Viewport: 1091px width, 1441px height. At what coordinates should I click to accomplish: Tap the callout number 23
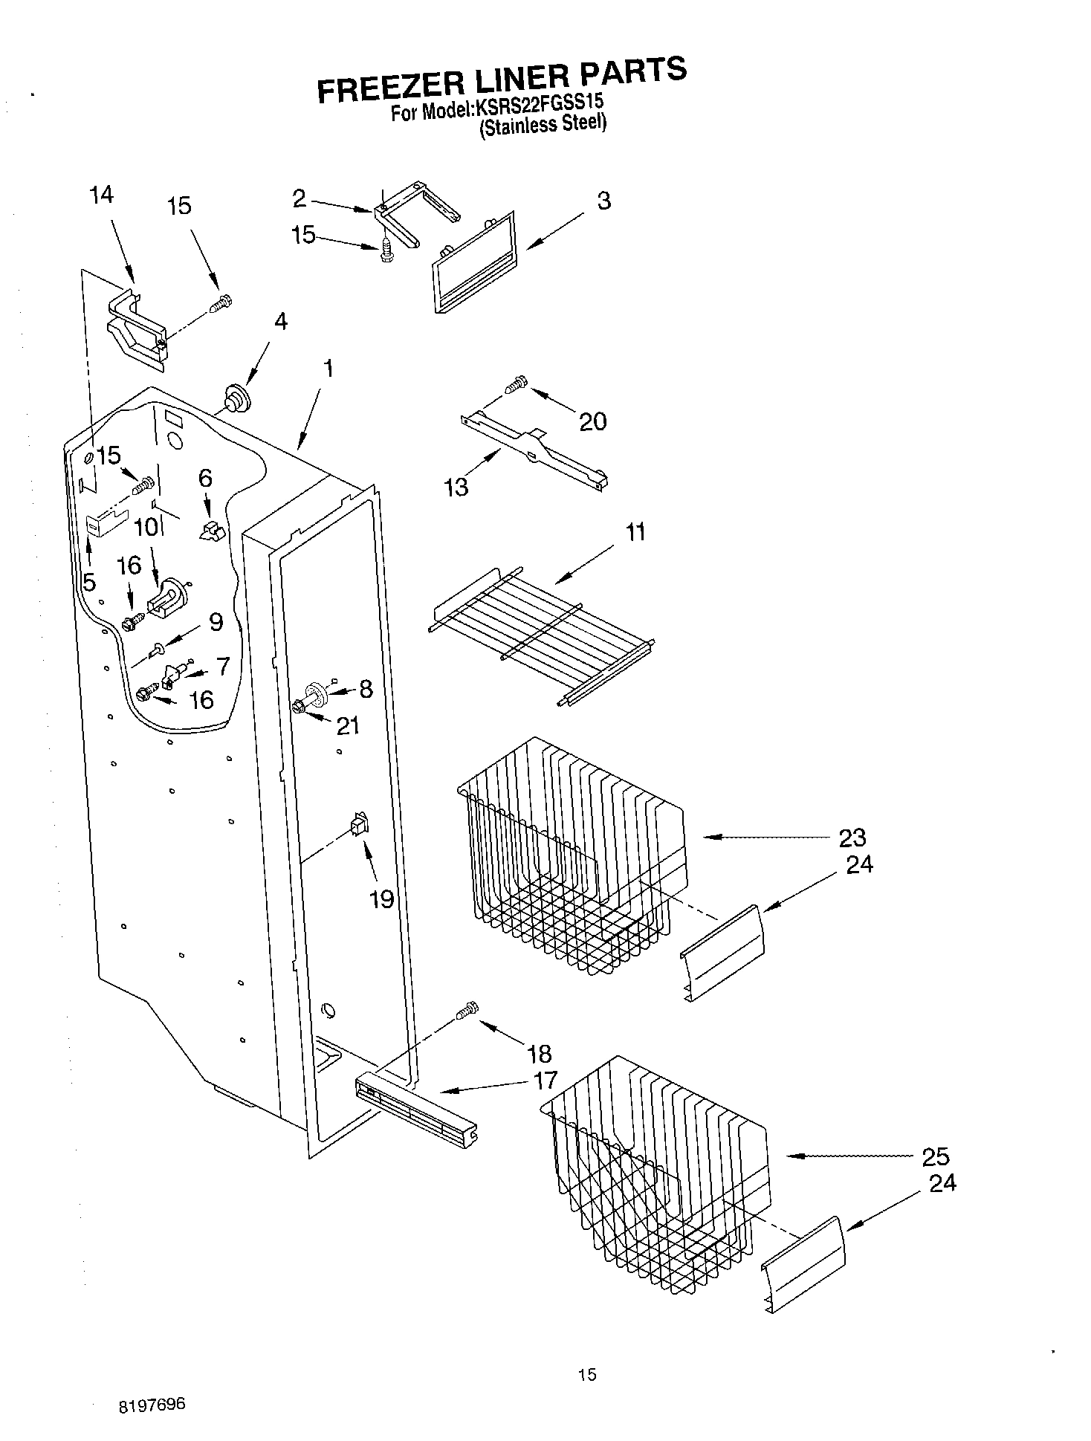pos(852,838)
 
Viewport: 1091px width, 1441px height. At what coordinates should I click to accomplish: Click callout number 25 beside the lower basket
pos(935,1156)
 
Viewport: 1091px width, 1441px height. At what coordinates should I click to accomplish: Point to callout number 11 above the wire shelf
pos(635,532)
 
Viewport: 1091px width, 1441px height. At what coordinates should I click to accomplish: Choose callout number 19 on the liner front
pos(381,899)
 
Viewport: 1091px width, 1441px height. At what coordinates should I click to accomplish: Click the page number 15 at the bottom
pos(586,1375)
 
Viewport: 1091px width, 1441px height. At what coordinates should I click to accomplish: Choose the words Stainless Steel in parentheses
pos(543,124)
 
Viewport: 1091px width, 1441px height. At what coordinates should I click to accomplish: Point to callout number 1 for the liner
pos(328,368)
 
